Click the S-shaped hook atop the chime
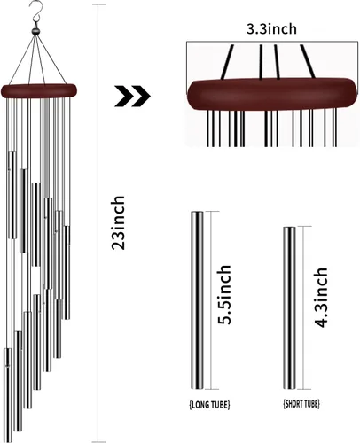[x=37, y=12]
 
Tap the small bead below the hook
[x=35, y=31]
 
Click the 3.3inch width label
[x=271, y=29]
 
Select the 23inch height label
[x=118, y=222]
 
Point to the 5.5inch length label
[x=224, y=295]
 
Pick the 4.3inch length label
[x=321, y=297]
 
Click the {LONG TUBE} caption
[x=209, y=404]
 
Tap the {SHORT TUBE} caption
[x=301, y=403]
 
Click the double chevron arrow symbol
[x=133, y=96]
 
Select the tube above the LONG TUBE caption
[x=197, y=300]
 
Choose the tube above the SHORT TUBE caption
[x=289, y=308]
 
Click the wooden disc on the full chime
[x=39, y=91]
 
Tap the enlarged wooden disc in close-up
[x=272, y=94]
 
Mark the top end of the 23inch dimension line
[x=98, y=4]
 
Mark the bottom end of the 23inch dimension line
[x=98, y=441]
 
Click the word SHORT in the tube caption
[x=294, y=403]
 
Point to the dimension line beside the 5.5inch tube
[x=212, y=300]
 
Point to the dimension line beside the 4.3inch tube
[x=304, y=308]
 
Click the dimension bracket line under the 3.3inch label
[x=272, y=42]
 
